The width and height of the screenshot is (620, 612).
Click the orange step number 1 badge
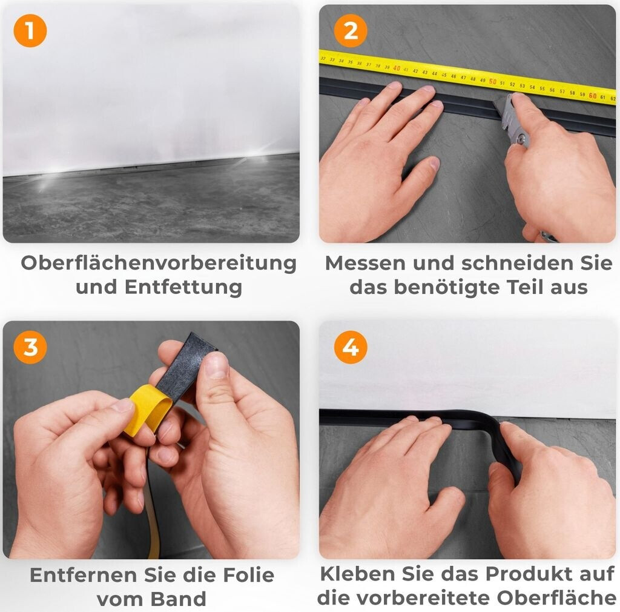click(x=30, y=31)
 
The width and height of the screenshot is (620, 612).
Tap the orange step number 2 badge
click(x=351, y=31)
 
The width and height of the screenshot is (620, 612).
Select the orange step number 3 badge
click(x=30, y=347)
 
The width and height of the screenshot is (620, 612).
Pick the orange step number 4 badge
click(x=351, y=347)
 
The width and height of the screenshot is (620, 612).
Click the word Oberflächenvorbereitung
click(x=159, y=264)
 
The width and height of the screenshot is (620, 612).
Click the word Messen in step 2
click(x=365, y=264)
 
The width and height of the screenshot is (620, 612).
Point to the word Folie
click(x=249, y=575)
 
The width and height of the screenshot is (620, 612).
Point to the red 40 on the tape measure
click(x=397, y=68)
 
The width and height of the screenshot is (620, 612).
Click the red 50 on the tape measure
click(x=492, y=81)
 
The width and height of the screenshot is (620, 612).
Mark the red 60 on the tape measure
click(x=592, y=96)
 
